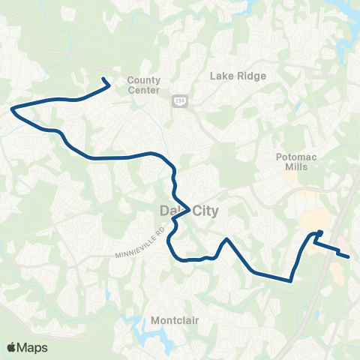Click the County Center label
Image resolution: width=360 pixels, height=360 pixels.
(143, 85)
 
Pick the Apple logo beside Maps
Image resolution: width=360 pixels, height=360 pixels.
(12, 347)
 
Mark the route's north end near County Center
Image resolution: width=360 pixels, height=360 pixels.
(103, 79)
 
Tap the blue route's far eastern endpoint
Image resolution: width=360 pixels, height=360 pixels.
(349, 257)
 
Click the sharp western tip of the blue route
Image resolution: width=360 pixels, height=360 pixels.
(12, 109)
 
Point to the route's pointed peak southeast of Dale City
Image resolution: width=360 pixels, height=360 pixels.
(225, 239)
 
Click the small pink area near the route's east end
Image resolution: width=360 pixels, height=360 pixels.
(340, 247)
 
